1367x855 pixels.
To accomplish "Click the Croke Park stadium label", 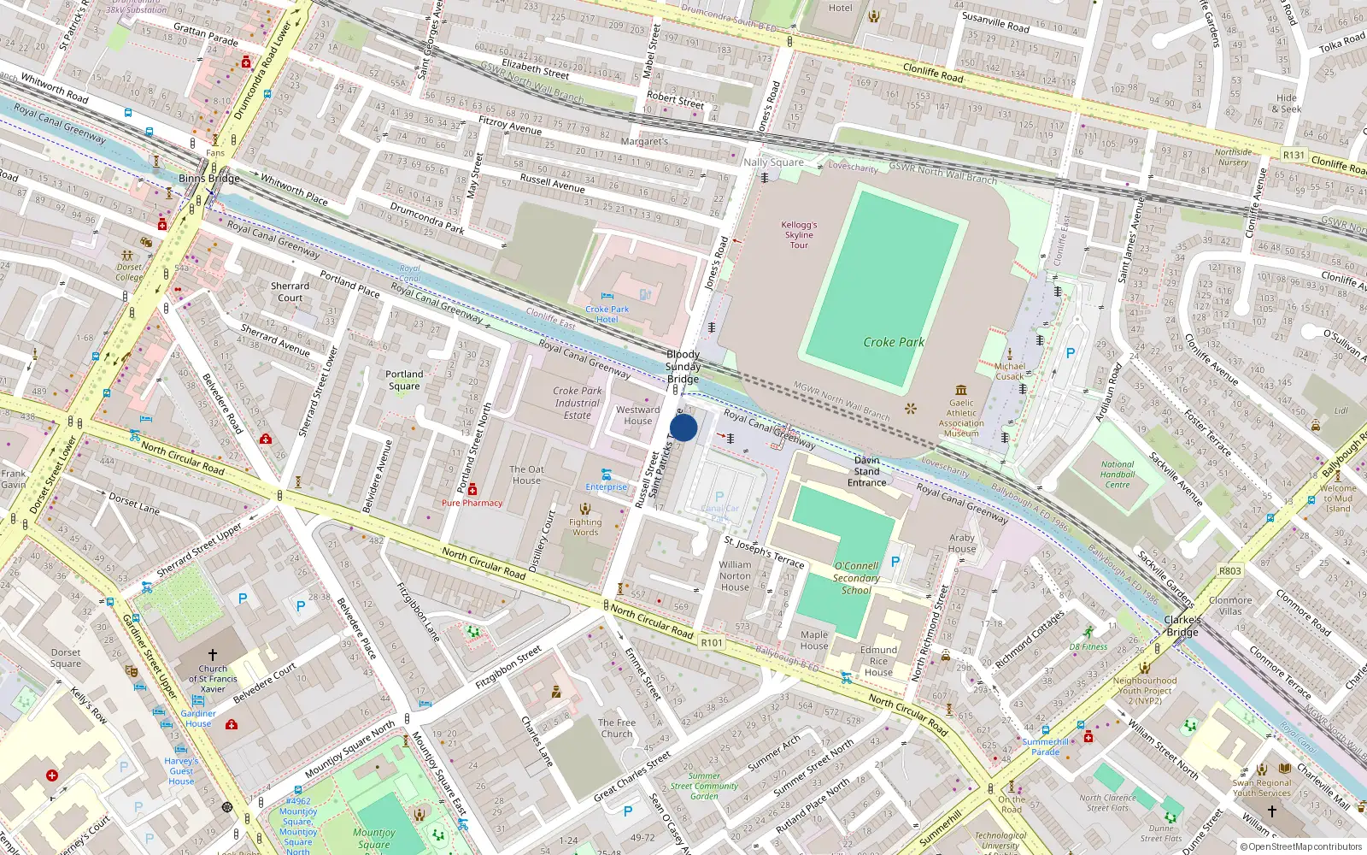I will (894, 342).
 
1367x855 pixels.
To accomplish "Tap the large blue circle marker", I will (683, 427).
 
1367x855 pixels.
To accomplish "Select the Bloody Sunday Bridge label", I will (683, 366).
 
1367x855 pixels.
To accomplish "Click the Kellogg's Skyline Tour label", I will (799, 235).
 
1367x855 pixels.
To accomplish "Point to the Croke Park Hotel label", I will (607, 314).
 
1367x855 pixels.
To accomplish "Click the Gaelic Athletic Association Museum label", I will (961, 418).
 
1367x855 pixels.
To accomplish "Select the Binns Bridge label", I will (209, 178).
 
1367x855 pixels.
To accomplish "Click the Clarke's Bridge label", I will (1182, 626).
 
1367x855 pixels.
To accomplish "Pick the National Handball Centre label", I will (1118, 475).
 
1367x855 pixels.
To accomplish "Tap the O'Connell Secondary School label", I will (856, 578).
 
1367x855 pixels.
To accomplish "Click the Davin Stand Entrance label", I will (866, 471).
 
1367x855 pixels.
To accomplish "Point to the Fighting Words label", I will (585, 527).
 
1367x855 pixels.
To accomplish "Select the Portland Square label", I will (404, 380).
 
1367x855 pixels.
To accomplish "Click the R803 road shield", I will (1230, 571).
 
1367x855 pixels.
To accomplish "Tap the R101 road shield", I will (712, 643).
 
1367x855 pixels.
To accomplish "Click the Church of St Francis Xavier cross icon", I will (213, 654).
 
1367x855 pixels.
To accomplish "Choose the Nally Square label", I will (773, 162).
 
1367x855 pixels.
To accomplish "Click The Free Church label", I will (617, 728).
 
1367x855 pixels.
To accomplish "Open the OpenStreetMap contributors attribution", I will (1300, 847).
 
